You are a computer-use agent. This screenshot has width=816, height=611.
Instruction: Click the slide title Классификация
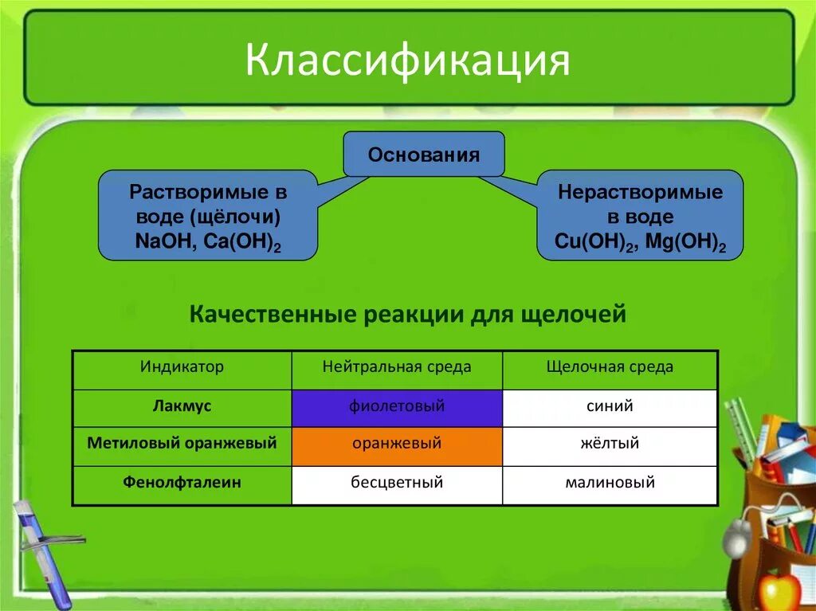tap(407, 61)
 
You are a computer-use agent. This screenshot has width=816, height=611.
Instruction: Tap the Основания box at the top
tap(423, 155)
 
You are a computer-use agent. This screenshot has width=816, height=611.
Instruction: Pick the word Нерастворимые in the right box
tap(640, 192)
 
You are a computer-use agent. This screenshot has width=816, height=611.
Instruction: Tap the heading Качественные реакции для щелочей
tap(407, 315)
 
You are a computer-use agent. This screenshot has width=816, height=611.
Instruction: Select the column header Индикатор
tap(182, 367)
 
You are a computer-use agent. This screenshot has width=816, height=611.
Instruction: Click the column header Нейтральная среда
tap(396, 367)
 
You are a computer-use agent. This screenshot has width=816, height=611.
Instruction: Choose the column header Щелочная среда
tap(610, 367)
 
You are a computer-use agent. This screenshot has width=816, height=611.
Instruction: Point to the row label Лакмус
tap(182, 406)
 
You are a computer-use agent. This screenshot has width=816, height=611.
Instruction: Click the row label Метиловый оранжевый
tap(182, 443)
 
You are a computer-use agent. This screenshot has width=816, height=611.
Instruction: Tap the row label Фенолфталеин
tap(182, 482)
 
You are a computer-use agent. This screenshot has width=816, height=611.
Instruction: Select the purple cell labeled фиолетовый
tap(396, 407)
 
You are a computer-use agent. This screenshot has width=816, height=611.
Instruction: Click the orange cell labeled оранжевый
tap(396, 444)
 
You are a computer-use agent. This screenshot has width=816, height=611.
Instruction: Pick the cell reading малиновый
tap(610, 482)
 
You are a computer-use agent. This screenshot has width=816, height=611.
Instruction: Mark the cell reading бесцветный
tap(396, 482)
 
